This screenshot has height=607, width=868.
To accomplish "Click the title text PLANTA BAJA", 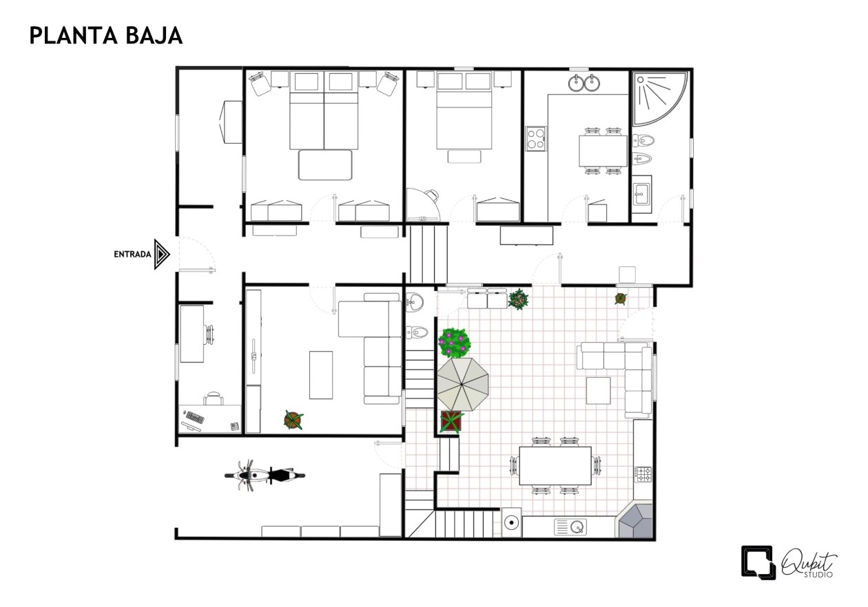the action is (106, 36).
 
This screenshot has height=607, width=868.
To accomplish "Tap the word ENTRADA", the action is (132, 255).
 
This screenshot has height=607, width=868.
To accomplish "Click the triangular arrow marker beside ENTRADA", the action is (162, 255).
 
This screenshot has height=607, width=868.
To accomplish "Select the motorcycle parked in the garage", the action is (265, 476).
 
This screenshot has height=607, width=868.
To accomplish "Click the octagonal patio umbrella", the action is (463, 385).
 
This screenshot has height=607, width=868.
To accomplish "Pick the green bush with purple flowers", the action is (454, 343).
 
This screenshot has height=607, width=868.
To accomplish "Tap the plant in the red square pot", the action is (452, 422).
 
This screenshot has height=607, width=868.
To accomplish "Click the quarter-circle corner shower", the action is (659, 98).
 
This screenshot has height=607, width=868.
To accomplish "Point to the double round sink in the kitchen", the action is (584, 83).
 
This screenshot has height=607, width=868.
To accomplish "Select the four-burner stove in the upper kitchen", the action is (536, 138).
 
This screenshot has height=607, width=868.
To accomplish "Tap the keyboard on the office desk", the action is (195, 417).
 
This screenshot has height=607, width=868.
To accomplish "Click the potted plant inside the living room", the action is (293, 420).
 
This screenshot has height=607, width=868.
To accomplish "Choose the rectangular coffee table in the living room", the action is (321, 374).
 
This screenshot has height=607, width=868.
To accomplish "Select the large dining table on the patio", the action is (555, 466).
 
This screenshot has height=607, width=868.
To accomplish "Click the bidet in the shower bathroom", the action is (643, 158).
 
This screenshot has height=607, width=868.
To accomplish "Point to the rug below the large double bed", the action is (325, 165).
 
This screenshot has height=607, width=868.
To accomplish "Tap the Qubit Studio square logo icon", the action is (758, 562).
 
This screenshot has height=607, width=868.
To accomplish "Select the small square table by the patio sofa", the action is (598, 391).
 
